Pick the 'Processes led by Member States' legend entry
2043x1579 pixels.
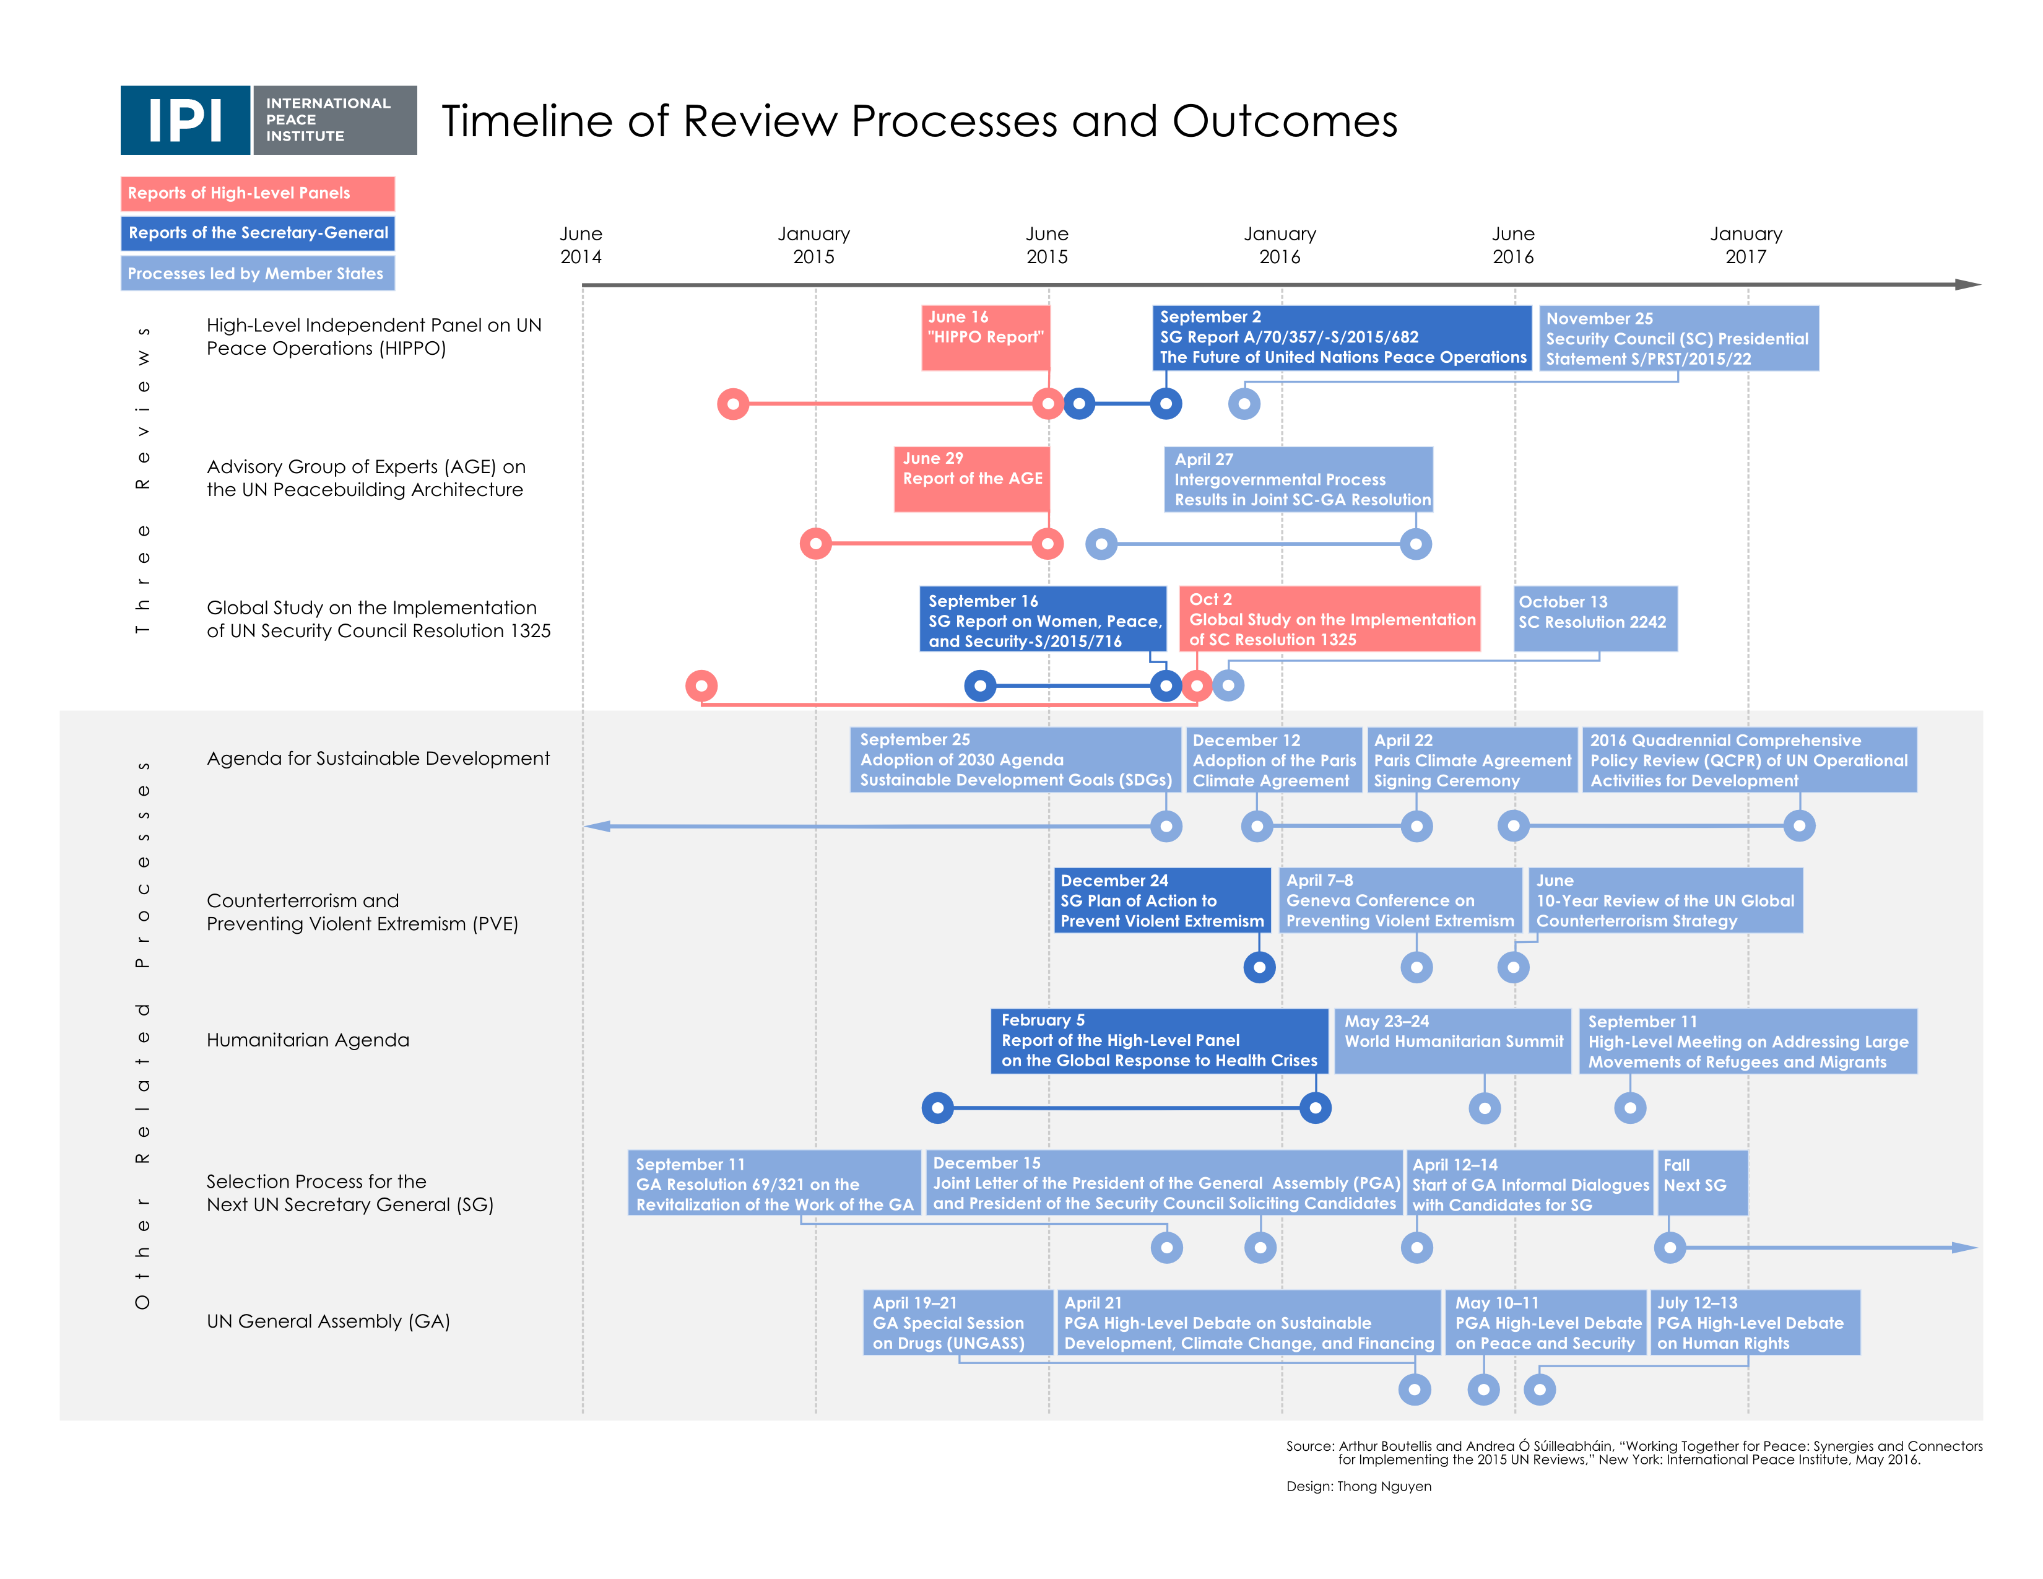[258, 273]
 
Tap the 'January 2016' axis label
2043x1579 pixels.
[1280, 245]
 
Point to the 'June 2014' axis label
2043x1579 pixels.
[581, 245]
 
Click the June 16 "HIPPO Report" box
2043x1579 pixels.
[985, 337]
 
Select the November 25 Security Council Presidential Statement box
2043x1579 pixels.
[1679, 337]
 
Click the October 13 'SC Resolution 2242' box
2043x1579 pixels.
[1595, 619]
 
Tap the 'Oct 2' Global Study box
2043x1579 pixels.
[1329, 619]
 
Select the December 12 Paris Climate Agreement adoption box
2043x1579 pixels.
[1273, 760]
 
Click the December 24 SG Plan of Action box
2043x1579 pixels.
[1162, 900]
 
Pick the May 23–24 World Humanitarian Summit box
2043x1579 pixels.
[1453, 1040]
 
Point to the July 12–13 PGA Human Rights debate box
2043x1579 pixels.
[1755, 1322]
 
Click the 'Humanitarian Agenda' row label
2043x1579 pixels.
[308, 1040]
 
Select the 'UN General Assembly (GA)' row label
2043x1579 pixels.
[328, 1321]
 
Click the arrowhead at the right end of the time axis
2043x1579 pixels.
[1968, 284]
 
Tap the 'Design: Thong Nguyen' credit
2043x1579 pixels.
[1358, 1486]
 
